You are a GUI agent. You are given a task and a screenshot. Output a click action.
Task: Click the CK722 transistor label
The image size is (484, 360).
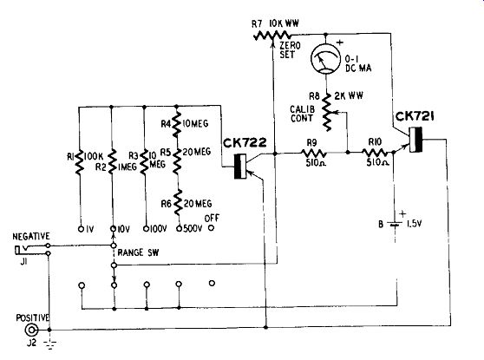coord(245,142)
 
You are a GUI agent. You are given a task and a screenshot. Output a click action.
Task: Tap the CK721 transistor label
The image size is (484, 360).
coord(415,116)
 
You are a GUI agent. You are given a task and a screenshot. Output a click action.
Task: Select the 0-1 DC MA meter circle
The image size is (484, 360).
coord(325,59)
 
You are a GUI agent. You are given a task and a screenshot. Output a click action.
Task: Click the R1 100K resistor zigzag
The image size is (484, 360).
coord(79,162)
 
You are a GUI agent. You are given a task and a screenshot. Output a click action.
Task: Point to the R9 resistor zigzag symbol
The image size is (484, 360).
coord(314,153)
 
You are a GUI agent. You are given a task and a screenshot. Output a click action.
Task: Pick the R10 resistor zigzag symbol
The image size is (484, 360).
coord(375,153)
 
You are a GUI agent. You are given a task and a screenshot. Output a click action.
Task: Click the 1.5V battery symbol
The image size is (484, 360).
coord(395,224)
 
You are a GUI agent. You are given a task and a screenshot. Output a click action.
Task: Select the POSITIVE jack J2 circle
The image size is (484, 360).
coord(31,331)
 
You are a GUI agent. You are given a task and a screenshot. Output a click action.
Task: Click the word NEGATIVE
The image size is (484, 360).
coord(31,237)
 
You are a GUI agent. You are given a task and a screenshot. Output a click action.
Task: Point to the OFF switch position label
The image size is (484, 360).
coord(212,219)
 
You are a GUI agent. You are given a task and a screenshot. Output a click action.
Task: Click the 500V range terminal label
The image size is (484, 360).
coord(193,228)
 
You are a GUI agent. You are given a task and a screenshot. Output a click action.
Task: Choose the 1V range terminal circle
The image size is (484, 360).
coord(81,229)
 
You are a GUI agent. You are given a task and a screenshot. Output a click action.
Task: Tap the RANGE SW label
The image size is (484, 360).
coord(138,252)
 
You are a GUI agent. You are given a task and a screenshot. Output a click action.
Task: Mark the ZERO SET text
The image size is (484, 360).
coord(290,50)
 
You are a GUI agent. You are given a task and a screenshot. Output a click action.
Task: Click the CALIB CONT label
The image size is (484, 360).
coord(302,114)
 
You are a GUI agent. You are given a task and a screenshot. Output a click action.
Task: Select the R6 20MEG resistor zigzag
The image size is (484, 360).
coord(178,202)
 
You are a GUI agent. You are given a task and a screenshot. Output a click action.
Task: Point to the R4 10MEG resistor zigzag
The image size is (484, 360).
coord(176,124)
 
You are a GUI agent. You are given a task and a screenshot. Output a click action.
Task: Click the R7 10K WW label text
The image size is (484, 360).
coord(275,23)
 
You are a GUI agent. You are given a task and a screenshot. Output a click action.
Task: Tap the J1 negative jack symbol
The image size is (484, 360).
coord(23,249)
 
